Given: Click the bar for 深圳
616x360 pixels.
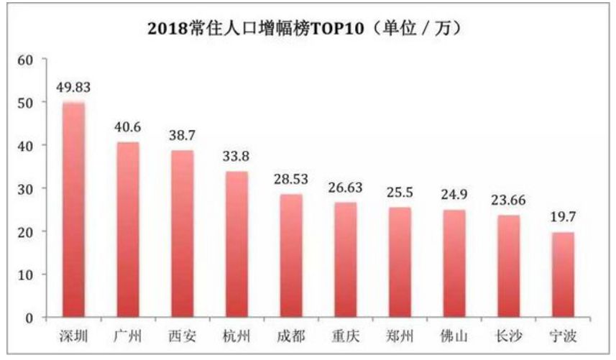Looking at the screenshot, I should [73, 210].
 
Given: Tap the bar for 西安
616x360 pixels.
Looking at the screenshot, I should [182, 234].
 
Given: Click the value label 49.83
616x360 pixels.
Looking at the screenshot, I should [73, 88].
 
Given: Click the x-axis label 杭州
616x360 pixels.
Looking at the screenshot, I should [236, 336].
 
